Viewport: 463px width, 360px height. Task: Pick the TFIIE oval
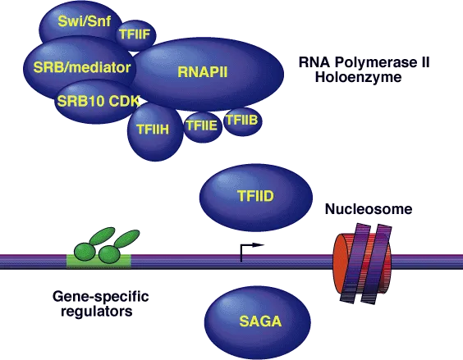201,127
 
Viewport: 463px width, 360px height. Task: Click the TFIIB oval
242,121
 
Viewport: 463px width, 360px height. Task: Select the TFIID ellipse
256,198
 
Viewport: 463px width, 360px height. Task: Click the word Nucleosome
368,210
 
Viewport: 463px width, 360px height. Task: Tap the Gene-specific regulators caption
94,303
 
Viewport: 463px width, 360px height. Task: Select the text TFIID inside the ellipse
256,198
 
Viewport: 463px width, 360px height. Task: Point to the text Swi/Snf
80,21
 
